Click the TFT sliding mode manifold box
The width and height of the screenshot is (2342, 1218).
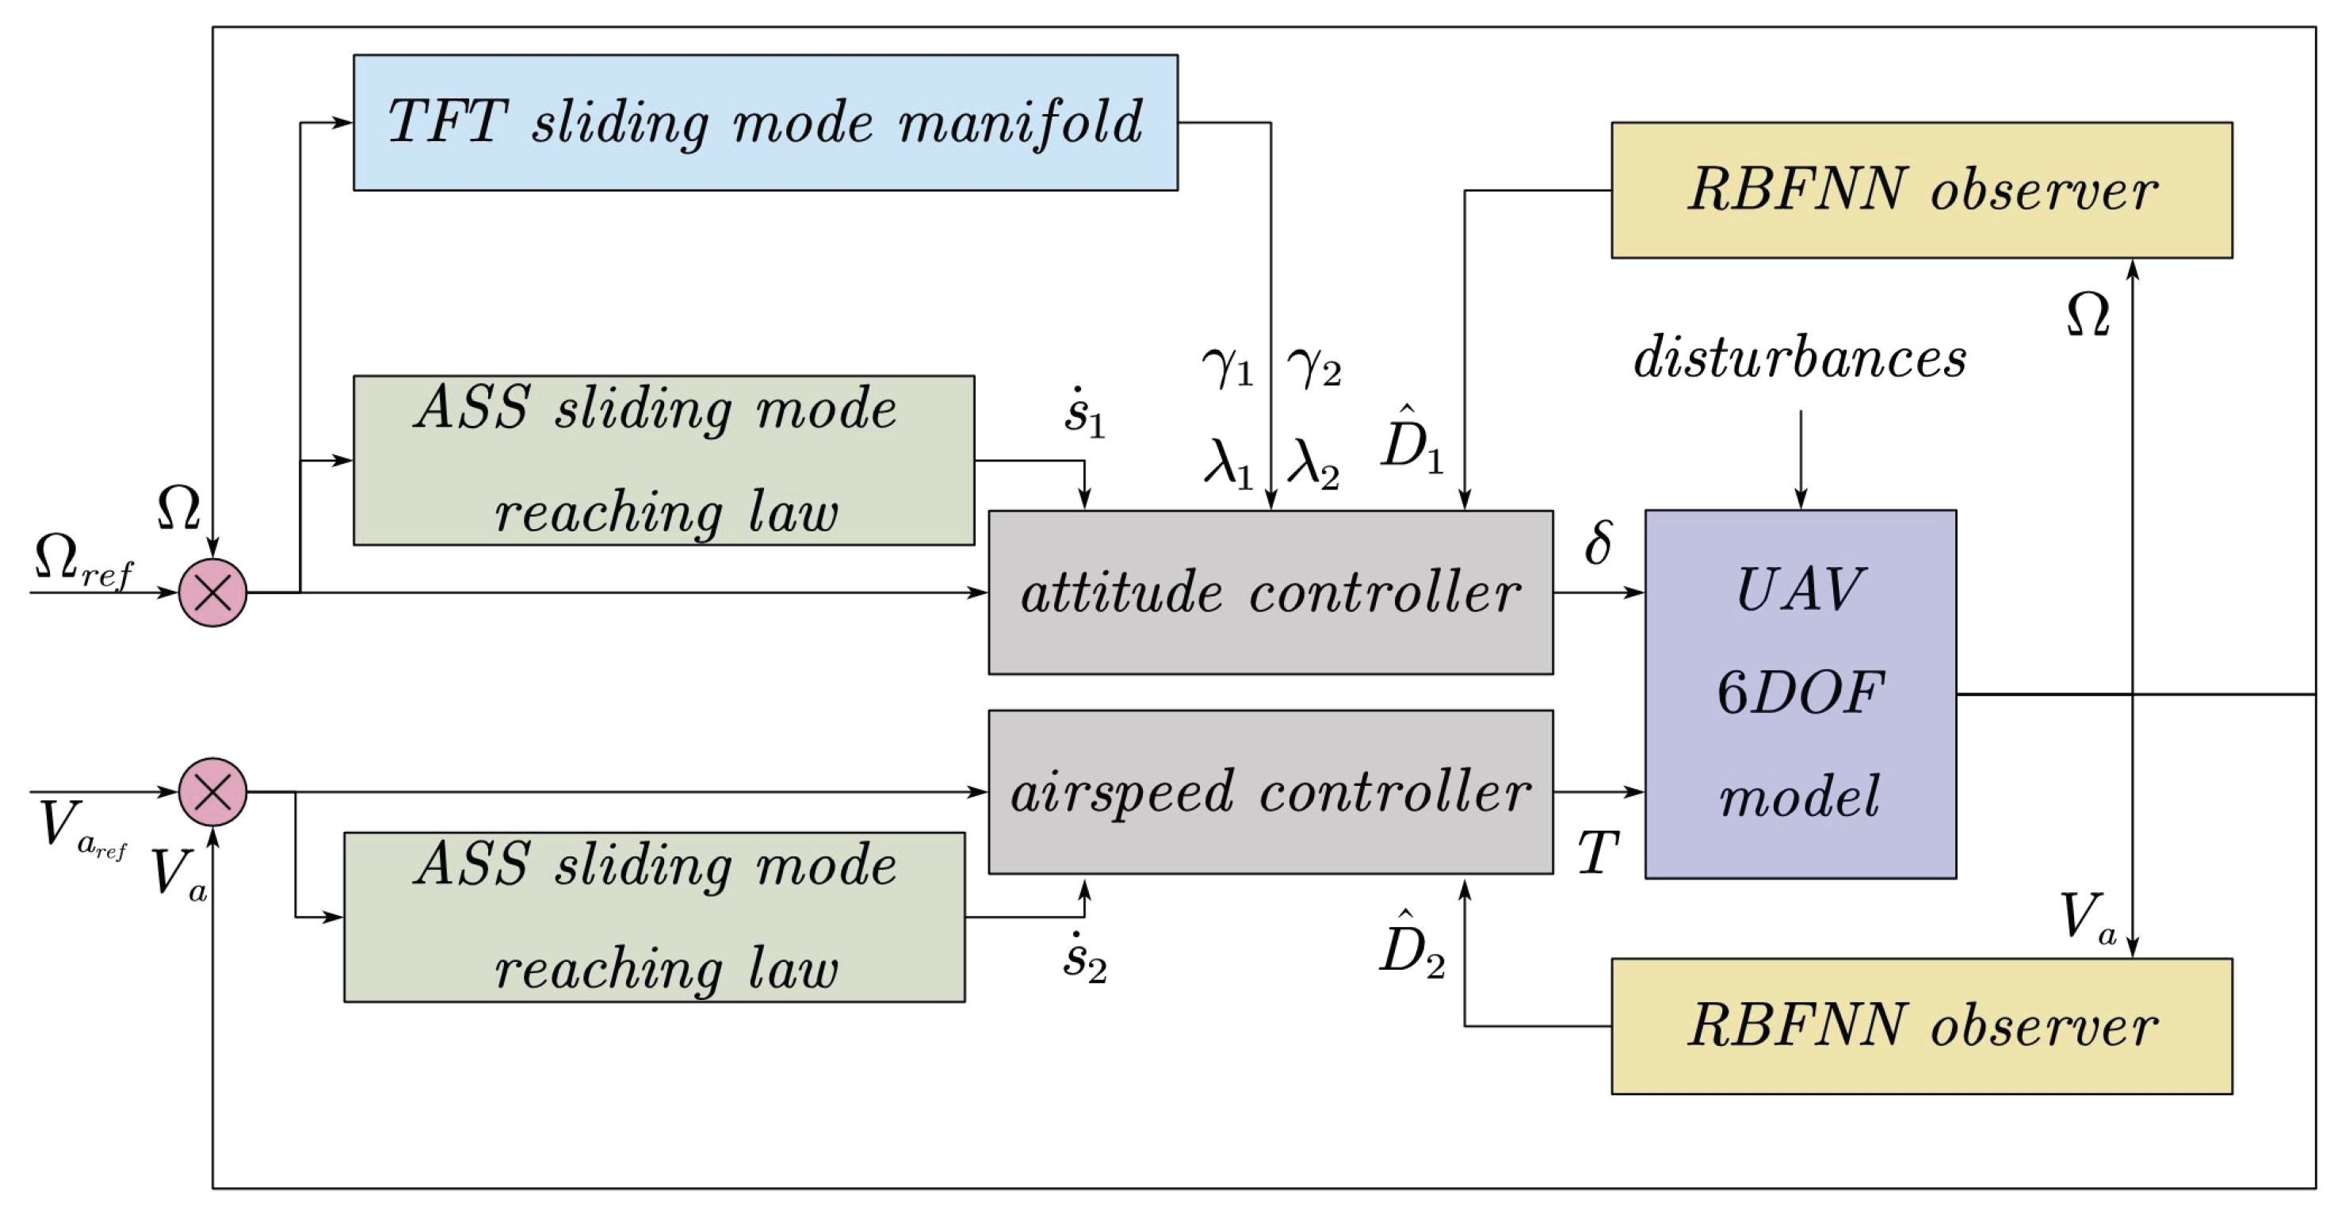coord(766,122)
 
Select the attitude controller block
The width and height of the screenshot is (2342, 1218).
coord(1270,592)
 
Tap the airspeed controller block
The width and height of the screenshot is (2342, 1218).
coord(1270,791)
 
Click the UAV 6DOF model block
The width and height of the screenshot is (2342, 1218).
coord(1799,694)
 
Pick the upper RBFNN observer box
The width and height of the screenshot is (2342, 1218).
coord(1921,190)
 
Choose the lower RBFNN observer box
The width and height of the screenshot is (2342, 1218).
coord(1921,1025)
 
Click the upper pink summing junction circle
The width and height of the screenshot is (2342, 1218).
coord(212,593)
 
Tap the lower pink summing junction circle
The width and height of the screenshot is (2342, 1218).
coord(212,791)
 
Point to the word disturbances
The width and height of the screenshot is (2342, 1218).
coord(1799,358)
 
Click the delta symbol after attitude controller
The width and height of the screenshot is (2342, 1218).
coord(1599,542)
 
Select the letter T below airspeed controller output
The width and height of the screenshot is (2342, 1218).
coord(1598,853)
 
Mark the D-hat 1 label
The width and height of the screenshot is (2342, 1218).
coord(1411,441)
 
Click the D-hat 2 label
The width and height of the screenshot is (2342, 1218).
coord(1411,946)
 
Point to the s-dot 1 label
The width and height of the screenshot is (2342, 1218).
coord(1083,414)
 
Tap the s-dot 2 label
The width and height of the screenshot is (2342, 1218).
coord(1083,958)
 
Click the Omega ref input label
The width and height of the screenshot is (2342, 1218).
coord(82,559)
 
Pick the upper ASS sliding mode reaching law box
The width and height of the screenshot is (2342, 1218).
coord(663,460)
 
